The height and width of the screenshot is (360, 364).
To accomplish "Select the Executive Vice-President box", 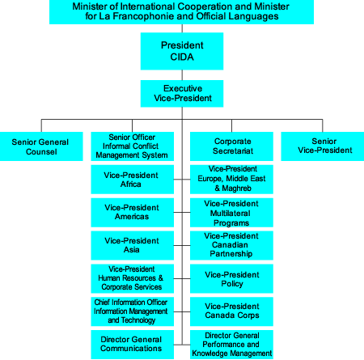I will coord(182,92).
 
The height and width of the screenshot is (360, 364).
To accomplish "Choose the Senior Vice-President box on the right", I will coord(321,146).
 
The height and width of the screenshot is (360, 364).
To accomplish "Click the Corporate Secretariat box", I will coord(231,146).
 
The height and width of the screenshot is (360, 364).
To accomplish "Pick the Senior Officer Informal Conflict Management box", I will coord(132,146).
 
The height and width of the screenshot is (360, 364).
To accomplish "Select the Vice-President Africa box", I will coord(132,179).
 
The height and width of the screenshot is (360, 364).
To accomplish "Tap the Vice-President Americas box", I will coord(132,211).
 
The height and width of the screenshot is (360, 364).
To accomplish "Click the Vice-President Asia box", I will coord(132,244).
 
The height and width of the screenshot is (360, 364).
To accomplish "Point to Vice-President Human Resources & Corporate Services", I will coord(132,277).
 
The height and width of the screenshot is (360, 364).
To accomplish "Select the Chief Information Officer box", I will coord(132,311).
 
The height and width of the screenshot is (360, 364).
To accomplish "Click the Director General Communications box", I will coord(132,343).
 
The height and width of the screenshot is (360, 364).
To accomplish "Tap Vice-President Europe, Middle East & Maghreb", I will coord(231,179).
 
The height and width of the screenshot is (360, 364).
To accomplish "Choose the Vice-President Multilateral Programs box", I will coord(231,211).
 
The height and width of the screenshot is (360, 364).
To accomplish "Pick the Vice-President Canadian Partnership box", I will coord(231,244).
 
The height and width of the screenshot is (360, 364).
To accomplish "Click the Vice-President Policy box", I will coord(231,277).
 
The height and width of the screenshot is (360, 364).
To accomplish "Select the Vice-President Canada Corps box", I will coord(231,311).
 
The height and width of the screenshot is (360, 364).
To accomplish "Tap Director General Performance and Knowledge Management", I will coord(231,343).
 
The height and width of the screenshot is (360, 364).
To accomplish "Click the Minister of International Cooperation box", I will coord(182,12).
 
